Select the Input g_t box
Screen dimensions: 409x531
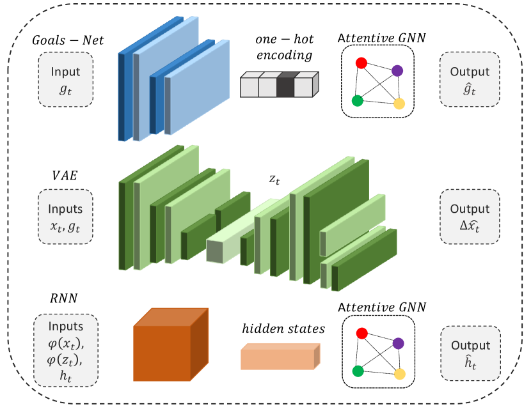[66, 80]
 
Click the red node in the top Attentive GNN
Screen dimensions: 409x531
[361, 63]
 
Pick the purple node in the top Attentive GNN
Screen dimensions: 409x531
[397, 70]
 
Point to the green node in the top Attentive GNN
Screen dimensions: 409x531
[358, 100]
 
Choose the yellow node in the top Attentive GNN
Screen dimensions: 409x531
[400, 104]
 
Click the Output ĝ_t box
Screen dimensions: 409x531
[470, 80]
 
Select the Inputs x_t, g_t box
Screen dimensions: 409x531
[65, 215]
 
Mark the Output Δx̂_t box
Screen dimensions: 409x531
[470, 216]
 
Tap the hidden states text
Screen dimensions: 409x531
[283, 330]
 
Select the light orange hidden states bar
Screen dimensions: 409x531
[280, 357]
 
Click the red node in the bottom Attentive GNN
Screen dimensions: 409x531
[361, 333]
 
